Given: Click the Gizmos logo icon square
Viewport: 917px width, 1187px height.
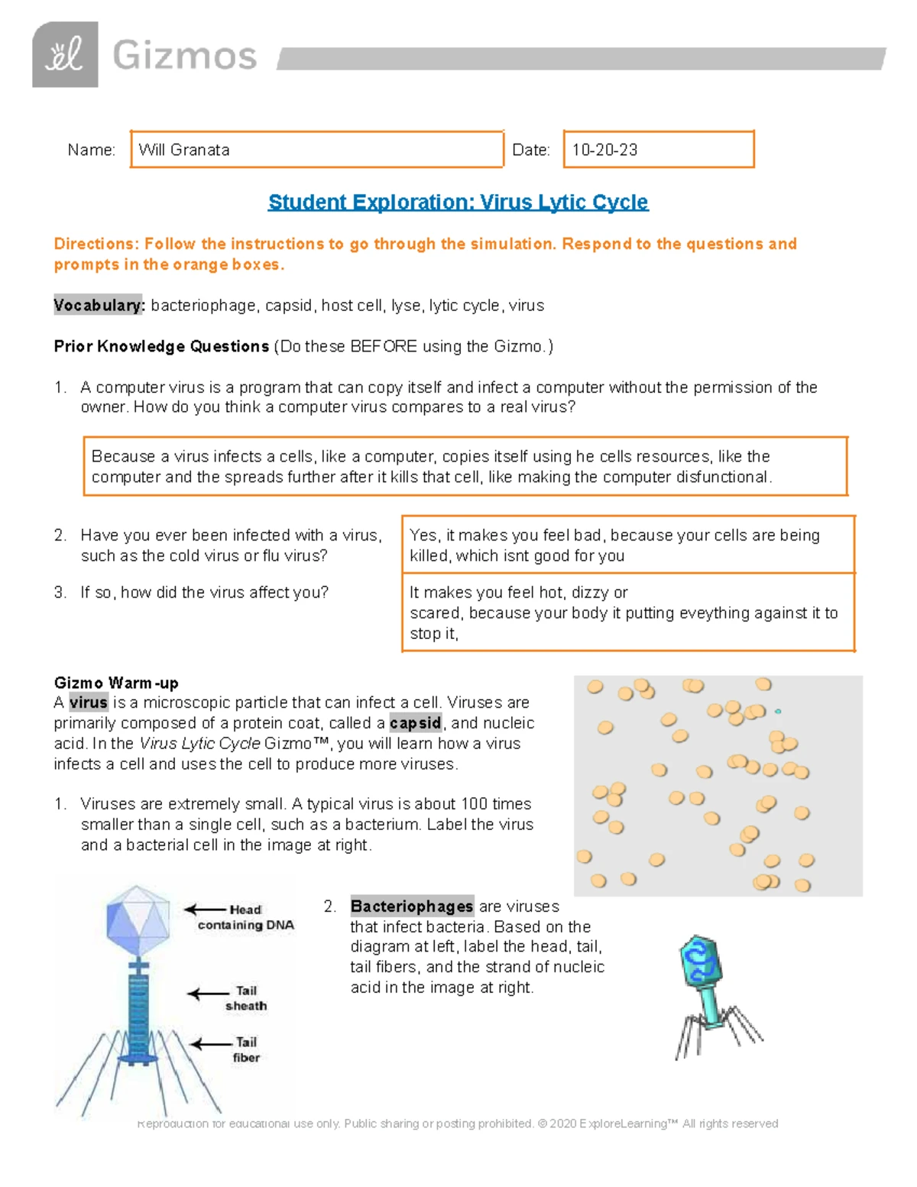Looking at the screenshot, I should (65, 54).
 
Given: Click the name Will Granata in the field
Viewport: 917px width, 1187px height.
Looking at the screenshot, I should (184, 150).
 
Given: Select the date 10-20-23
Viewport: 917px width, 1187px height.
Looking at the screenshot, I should (604, 150).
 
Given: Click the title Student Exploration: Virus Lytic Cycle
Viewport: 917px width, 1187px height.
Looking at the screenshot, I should (458, 202).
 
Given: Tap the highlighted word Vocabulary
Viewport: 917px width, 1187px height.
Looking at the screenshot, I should (99, 305).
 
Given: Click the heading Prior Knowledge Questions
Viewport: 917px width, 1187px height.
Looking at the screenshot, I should (161, 346).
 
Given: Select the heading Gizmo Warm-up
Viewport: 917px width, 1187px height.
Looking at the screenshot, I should (116, 683).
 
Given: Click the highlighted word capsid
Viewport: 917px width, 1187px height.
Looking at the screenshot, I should (415, 723).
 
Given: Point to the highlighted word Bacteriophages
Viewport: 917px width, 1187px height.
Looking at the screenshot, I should (412, 906).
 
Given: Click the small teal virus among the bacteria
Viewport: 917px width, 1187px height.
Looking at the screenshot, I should (778, 712).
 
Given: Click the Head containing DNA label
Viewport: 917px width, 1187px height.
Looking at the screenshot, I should (245, 917).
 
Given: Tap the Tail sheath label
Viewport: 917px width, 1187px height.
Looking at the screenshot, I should (246, 998).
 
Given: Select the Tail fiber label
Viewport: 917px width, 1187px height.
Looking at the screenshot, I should (246, 1049).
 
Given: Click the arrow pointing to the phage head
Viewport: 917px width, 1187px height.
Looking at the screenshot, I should (205, 910).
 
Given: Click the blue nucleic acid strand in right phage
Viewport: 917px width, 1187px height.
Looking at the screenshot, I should (698, 962).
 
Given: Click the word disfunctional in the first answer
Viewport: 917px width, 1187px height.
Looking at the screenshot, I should (725, 477).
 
